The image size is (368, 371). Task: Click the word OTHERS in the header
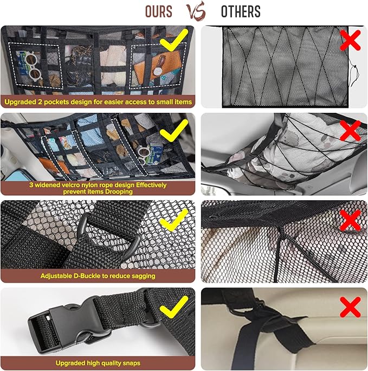[241, 11]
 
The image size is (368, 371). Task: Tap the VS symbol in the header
[198, 11]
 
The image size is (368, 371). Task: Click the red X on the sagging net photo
[350, 130]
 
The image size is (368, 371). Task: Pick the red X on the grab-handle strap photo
[350, 306]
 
